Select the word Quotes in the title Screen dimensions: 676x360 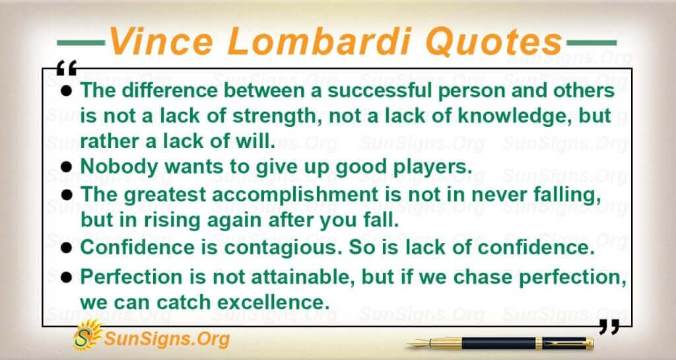493,42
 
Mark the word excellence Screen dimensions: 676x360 273,303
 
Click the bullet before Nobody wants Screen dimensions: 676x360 67,166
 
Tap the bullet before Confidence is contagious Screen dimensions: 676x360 67,248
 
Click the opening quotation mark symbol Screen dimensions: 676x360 67,68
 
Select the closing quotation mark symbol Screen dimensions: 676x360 609,327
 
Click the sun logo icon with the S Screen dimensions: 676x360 87,335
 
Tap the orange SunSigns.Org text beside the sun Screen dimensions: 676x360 166,340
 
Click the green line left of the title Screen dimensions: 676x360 81,43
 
